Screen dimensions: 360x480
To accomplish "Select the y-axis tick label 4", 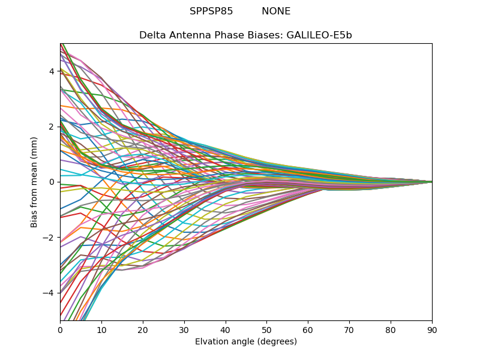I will point(52,71).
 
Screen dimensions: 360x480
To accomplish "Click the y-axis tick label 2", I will point(52,127).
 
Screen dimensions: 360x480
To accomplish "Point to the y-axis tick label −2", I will point(49,238).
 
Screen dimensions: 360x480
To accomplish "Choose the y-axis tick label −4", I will point(49,293).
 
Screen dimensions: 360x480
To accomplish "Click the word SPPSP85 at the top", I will point(211,11).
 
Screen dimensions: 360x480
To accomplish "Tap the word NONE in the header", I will point(276,11).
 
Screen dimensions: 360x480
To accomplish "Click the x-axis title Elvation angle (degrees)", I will point(246,342).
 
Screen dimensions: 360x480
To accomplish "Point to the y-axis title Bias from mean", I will point(34,182).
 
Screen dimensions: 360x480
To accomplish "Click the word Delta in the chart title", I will point(152,35).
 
